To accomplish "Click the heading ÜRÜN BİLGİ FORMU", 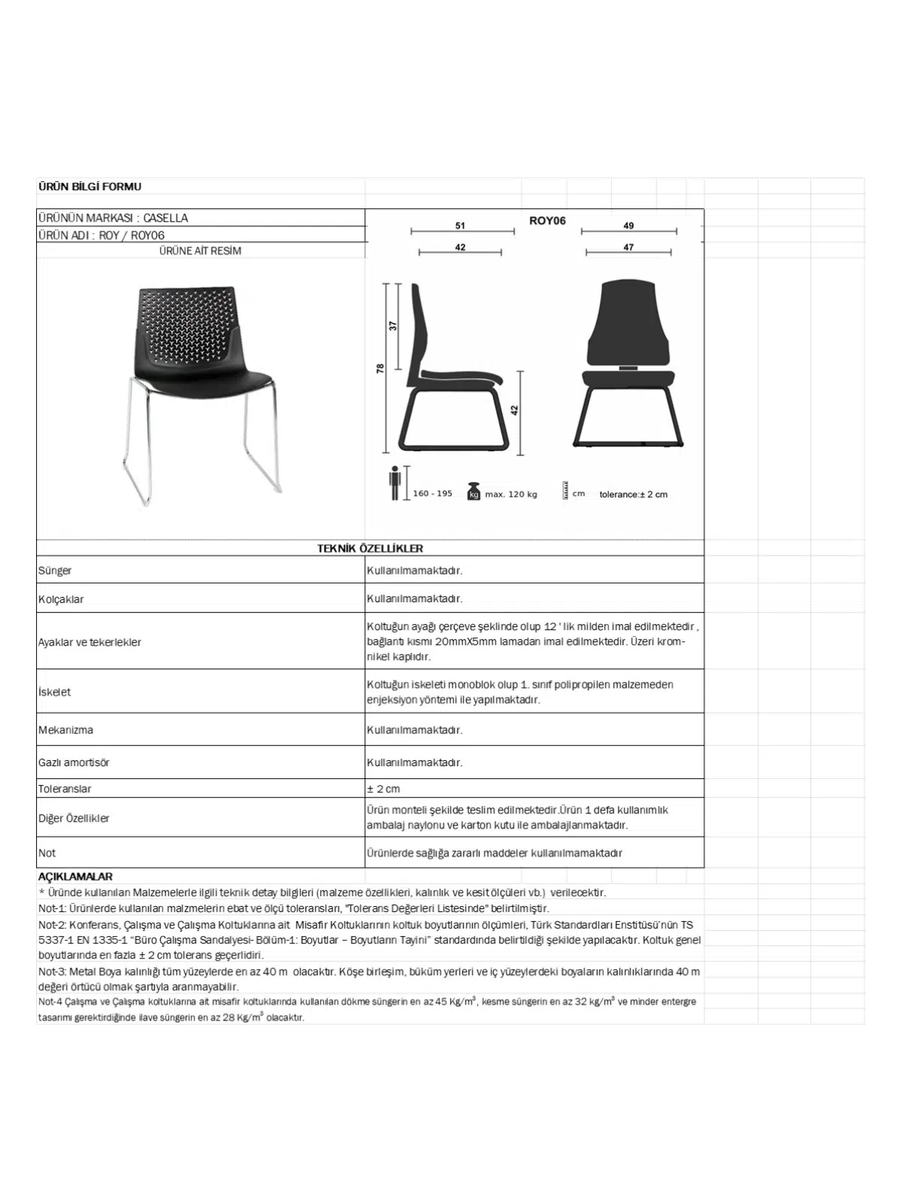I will pos(89,186).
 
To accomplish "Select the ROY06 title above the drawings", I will pos(547,220).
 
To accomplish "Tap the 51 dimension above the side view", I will pos(460,225).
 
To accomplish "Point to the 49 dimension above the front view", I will pos(628,225).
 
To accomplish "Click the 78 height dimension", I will pos(380,368).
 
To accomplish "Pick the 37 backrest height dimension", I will pos(393,326).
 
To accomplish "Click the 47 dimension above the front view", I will pos(628,247).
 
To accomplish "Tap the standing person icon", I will pos(394,483).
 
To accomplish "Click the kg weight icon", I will pos(474,491).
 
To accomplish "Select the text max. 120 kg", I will pos(511,494).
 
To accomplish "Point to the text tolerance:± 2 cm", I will pos(633,494).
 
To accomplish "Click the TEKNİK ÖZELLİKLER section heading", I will pos(370,548).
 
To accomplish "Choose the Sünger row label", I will pos(55,570).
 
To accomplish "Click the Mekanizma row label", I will pos(65,729).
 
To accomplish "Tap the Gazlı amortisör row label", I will pos(74,762).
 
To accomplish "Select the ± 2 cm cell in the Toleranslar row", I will pos(383,789).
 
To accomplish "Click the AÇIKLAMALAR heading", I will pos(75,877).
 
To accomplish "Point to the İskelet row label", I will pos(54,692).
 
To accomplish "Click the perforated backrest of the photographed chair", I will pos(186,323).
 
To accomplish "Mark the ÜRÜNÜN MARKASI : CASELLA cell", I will pos(113,218).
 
